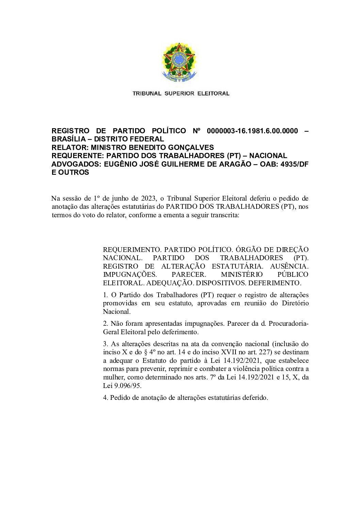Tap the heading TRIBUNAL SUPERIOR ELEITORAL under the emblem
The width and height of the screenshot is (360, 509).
point(181,94)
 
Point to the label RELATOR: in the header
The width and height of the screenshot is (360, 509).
point(70,148)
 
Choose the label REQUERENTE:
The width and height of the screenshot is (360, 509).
point(78,156)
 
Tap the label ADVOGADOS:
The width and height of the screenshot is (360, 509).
point(77,164)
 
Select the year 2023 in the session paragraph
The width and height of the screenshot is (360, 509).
point(148,198)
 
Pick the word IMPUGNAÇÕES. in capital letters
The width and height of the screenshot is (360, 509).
point(130,274)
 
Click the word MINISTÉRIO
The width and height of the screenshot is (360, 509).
point(242,274)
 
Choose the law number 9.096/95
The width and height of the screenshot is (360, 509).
point(127,386)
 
